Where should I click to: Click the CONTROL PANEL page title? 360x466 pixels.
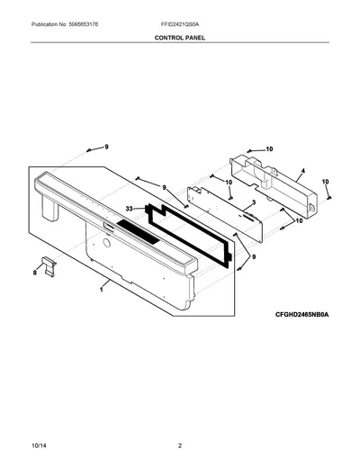coord(180,38)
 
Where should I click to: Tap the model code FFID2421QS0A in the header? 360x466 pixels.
coord(179,24)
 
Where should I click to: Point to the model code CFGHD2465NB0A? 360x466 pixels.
coord(302,315)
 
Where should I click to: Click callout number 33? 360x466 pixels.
coord(129,209)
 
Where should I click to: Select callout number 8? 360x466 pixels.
coord(35,273)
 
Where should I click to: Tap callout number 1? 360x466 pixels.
coord(102,290)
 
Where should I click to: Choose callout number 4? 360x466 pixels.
coord(303,171)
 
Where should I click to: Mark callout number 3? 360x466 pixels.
coord(254,202)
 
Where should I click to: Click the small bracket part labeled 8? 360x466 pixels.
coord(49,266)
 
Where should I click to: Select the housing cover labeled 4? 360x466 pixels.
coord(274,186)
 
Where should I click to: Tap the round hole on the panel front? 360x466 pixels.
coord(106,243)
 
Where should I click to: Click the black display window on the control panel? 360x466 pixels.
coord(138,231)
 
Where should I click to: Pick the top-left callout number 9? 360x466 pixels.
coord(106,147)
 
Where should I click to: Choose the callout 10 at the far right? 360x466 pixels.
coord(326,182)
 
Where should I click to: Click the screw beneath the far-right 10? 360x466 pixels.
coord(329,198)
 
